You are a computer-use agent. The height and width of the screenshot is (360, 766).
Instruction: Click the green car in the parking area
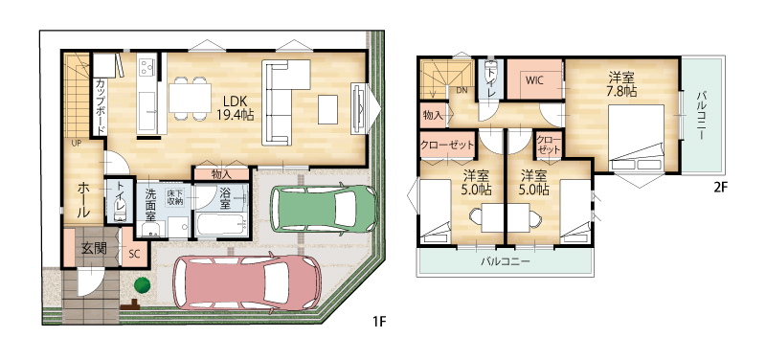pos(324,208)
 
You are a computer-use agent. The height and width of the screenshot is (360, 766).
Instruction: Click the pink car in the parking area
pos(248,281)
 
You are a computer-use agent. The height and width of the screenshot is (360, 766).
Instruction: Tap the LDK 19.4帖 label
pos(235,108)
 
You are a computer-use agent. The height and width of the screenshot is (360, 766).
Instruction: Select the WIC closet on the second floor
pos(536,79)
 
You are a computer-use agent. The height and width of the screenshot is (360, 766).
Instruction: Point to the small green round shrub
pos(142,284)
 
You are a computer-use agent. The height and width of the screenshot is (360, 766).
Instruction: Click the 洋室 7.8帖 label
pos(621,84)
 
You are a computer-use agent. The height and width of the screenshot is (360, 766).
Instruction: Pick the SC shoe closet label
pos(134,254)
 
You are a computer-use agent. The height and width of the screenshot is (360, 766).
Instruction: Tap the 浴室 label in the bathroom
pos(225,199)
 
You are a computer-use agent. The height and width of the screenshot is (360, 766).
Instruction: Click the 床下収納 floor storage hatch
pos(174,196)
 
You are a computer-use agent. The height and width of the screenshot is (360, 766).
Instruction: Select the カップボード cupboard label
pos(100,106)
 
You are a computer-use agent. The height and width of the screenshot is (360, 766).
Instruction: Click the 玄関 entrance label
pos(94,248)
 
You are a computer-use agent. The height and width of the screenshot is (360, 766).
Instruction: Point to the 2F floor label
pos(721,189)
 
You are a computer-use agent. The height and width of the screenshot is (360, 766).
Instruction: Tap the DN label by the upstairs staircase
pos(462,90)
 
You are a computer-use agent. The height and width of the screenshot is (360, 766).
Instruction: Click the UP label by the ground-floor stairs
pos(77,143)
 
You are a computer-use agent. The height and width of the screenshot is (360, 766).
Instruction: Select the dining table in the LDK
pos(190,99)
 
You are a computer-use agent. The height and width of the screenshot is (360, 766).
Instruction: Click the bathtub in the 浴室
pos(222,225)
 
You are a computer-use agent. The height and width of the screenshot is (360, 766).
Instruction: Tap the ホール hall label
pos(83,200)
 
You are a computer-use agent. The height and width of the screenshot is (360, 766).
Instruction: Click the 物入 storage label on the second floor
pos(433,116)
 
